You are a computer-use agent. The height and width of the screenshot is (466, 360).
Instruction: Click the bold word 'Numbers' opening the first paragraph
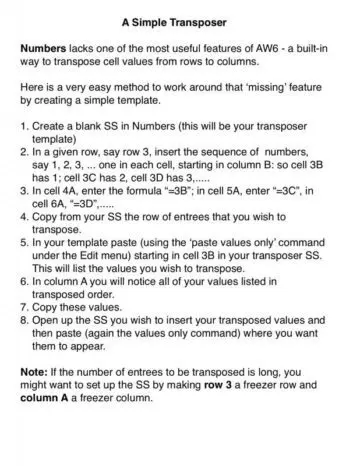(x=48, y=48)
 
